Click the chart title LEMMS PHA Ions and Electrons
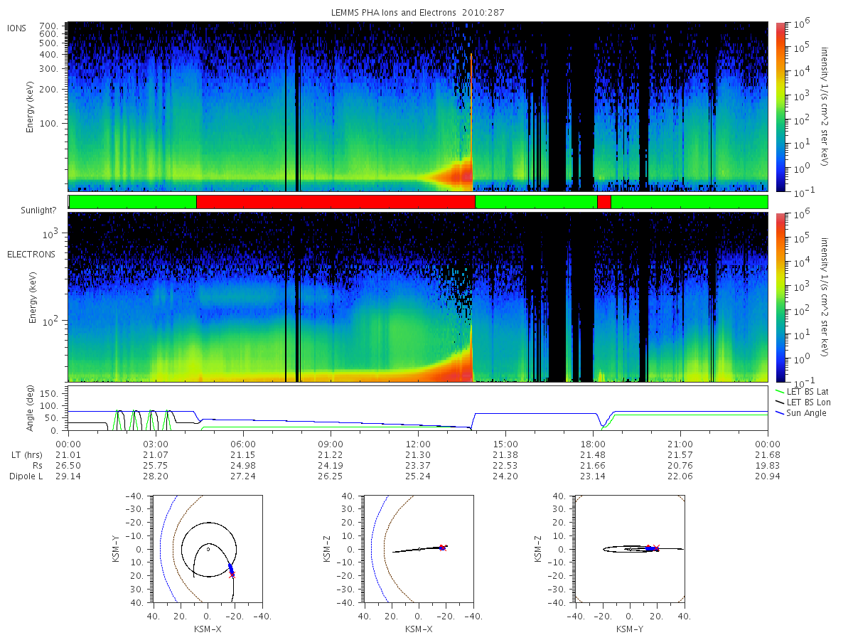(x=393, y=12)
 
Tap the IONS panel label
(x=16, y=28)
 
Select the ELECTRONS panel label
(x=31, y=254)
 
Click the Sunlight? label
(x=38, y=210)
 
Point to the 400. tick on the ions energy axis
(x=48, y=55)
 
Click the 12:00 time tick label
(x=418, y=444)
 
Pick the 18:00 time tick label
(x=593, y=444)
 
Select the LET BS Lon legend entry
(x=803, y=402)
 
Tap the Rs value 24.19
(x=331, y=466)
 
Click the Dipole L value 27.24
(x=243, y=476)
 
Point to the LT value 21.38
(x=505, y=454)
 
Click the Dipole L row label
(x=26, y=476)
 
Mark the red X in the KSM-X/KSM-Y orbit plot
(x=232, y=575)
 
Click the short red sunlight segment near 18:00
(x=604, y=202)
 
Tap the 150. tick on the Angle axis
(x=49, y=394)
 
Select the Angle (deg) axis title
(x=30, y=408)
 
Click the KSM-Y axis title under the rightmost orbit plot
(x=630, y=629)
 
